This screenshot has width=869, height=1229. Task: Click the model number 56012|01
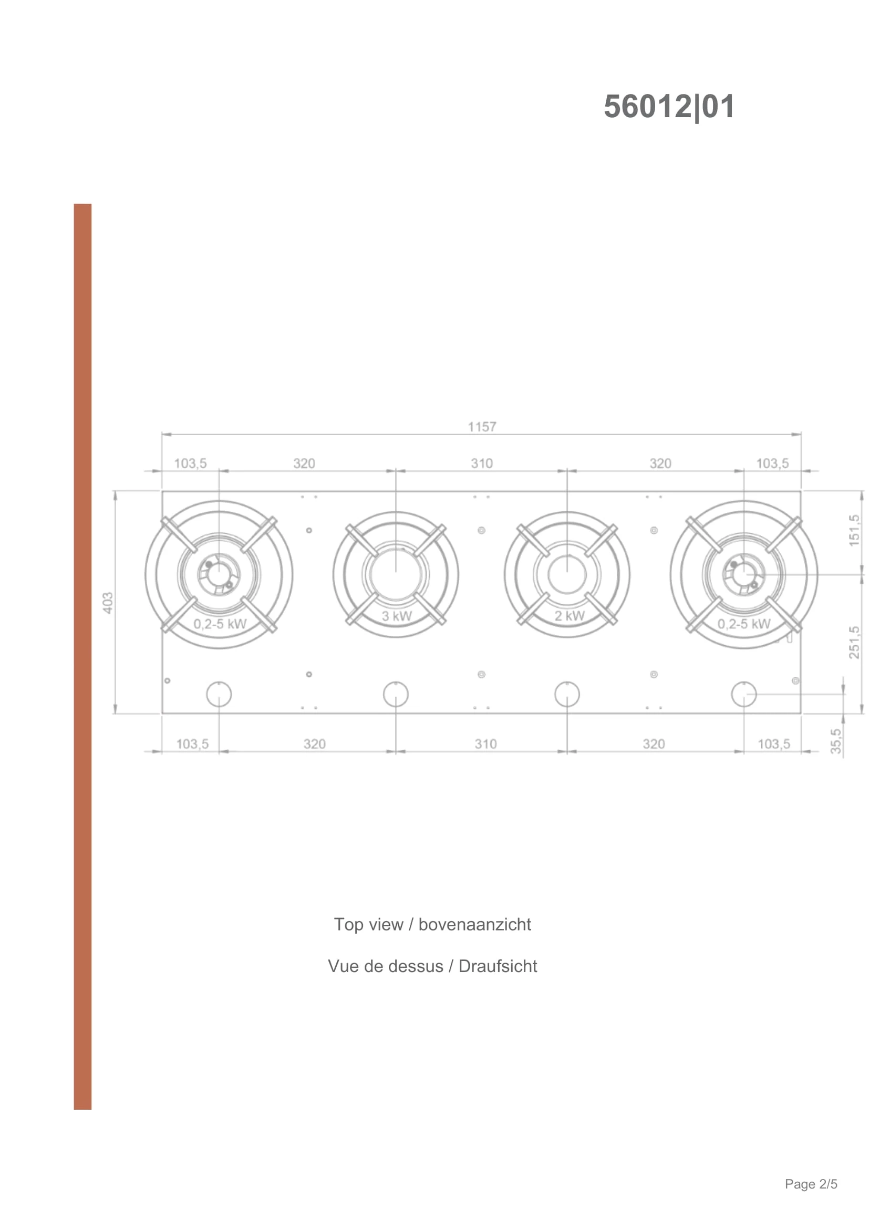click(x=669, y=107)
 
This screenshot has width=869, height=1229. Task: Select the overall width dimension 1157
click(x=482, y=427)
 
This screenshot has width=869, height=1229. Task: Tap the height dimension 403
click(x=108, y=602)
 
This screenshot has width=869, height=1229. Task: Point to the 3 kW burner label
click(x=397, y=616)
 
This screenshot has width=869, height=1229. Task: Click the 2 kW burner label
click(x=570, y=616)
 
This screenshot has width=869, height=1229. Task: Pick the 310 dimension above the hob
click(x=482, y=463)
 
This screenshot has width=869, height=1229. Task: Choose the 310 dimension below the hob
click(x=485, y=744)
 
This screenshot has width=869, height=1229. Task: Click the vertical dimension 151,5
click(x=855, y=531)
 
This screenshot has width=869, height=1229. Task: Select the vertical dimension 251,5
click(x=855, y=642)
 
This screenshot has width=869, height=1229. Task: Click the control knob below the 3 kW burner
click(x=396, y=695)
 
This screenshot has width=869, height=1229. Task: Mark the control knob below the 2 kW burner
click(x=567, y=695)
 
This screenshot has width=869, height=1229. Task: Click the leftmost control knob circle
click(x=219, y=695)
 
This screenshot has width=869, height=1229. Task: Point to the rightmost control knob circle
click(x=744, y=695)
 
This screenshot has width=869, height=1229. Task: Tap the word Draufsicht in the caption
click(x=498, y=966)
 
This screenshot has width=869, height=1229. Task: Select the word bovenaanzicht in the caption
click(x=474, y=924)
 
